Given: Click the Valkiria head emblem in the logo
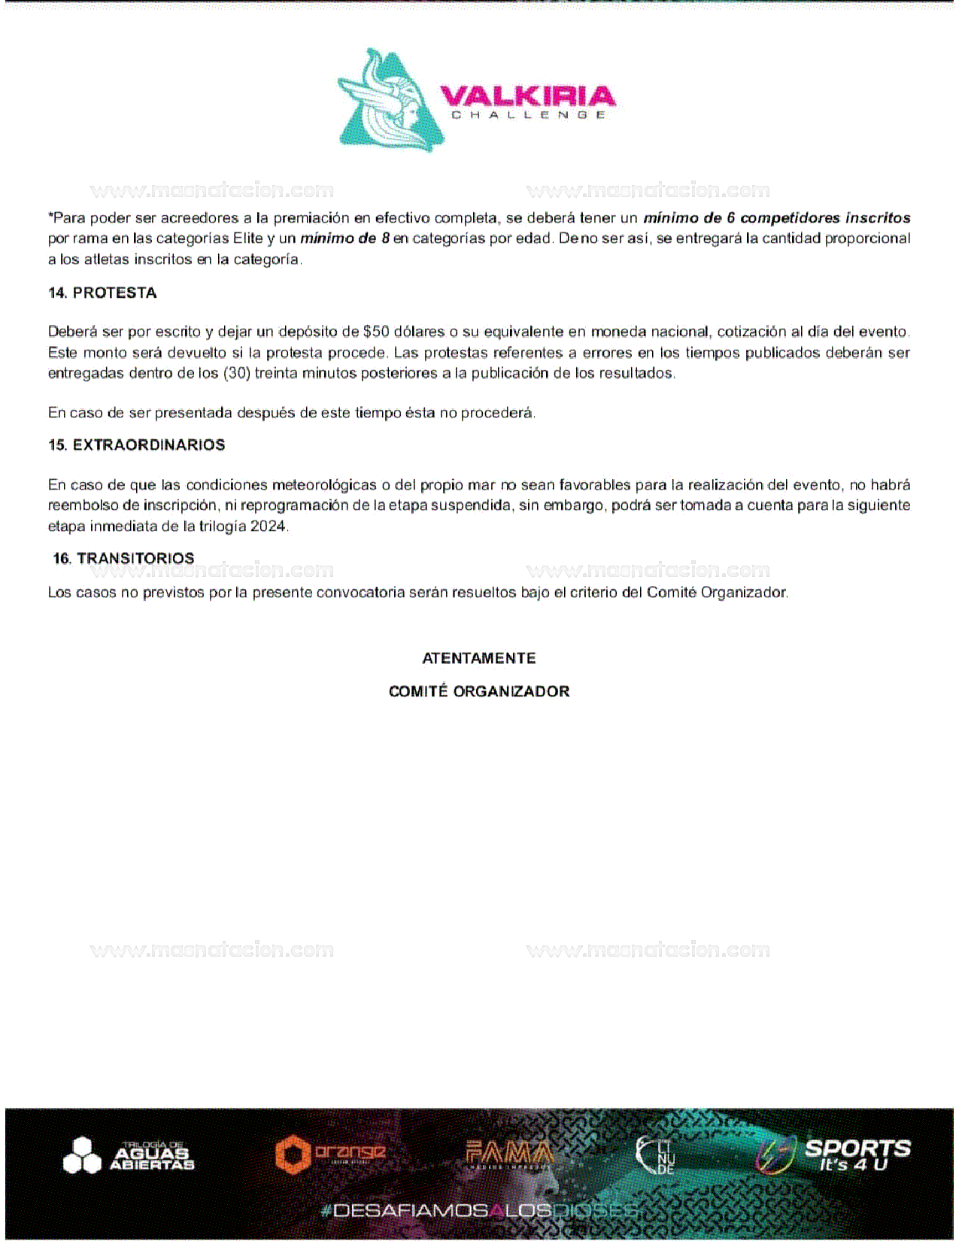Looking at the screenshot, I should point(390,101).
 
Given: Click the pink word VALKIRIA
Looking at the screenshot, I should point(527,96).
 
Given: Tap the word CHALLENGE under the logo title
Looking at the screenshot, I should point(528,115).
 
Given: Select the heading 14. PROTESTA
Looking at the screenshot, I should point(102,293).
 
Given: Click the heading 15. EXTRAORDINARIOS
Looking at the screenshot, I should point(136,445).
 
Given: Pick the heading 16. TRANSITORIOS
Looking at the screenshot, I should point(123,558).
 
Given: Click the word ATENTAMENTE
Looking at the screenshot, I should point(479,658).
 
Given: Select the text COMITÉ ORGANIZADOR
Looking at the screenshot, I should point(479,691).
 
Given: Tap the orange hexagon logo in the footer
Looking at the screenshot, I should point(330,1154).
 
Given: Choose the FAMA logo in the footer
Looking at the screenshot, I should point(509,1154).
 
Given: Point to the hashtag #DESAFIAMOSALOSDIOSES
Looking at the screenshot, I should point(479,1210).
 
